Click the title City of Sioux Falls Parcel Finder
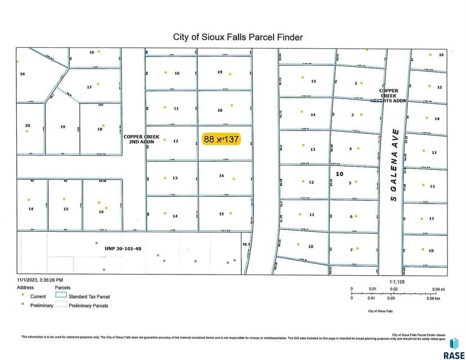coord(238,37)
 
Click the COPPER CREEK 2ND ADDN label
coord(139,139)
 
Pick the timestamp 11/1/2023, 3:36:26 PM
coord(40,280)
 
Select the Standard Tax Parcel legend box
coord(61,296)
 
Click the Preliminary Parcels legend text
coord(88,305)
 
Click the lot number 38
coord(23,74)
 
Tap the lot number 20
coord(26,125)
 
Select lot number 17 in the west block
coord(89,87)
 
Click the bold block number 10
coord(339,174)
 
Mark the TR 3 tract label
coord(245,244)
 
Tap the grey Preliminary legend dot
coord(21,305)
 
